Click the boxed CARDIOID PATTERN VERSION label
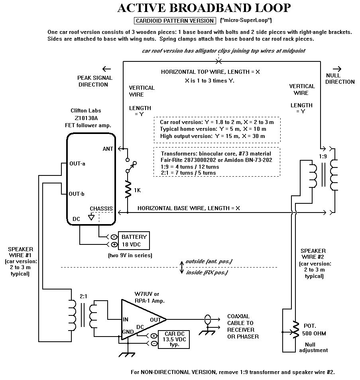pos(175,21)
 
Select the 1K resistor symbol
pos(128,189)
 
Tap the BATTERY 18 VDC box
pos(134,241)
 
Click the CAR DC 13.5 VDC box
pos(174,340)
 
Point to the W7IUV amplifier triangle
pos(140,319)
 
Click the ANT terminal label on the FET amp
pos(108,149)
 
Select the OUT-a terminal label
pos(77,163)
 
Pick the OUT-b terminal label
pos(77,194)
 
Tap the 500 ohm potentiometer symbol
pos(295,330)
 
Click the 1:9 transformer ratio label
pos(323,156)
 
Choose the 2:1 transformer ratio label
pos(83,296)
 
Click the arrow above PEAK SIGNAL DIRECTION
pos(106,69)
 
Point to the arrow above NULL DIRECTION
pos(337,69)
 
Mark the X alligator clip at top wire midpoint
pos(219,61)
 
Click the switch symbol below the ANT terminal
pos(131,165)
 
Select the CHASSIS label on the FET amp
pos(101,209)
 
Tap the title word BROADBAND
pos(210,8)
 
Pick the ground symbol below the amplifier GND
pos(127,354)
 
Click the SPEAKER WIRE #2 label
pos(313,254)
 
